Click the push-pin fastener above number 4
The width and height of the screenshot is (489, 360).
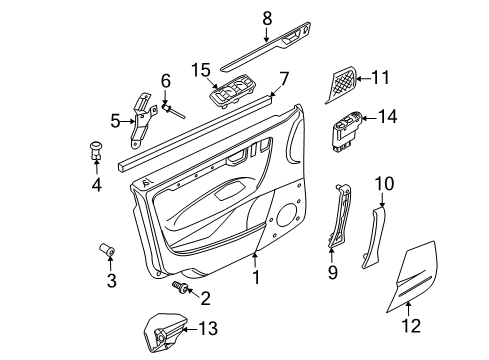pos(96,151)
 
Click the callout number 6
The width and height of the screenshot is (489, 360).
pos(166,80)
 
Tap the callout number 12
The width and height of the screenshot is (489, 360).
pos(411,325)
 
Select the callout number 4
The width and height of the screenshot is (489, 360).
pos(96,184)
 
